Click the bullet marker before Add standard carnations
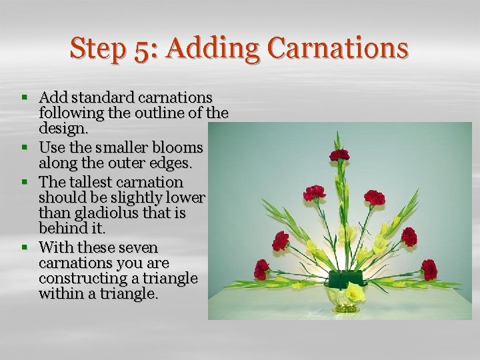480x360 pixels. point(25,97)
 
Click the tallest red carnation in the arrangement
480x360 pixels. point(340,155)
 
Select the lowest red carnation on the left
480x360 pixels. point(261,269)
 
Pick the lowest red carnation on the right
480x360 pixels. point(429,269)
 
